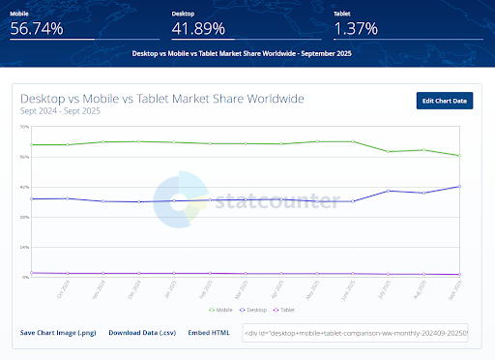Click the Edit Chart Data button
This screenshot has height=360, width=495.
[445, 101]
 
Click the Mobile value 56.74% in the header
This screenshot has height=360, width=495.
[37, 28]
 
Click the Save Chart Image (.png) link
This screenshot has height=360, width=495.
[57, 332]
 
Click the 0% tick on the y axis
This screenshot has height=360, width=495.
[26, 277]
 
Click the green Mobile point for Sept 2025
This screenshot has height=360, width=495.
[459, 156]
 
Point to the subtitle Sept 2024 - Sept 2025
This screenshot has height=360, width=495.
[60, 111]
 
